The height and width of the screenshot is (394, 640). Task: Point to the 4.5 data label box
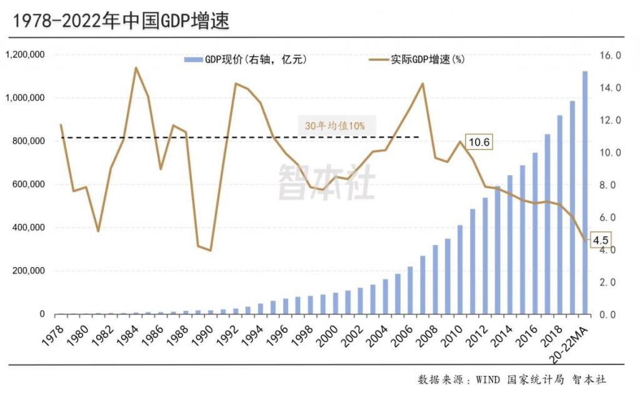[x=601, y=240]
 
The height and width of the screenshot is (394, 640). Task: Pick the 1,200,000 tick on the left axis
[x=24, y=55]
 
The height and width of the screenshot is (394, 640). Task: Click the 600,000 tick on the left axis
[x=29, y=184]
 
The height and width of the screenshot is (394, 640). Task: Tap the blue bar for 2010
[x=460, y=270]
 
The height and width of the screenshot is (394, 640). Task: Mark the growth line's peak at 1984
[x=136, y=68]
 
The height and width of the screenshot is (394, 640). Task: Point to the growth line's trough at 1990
[x=210, y=251]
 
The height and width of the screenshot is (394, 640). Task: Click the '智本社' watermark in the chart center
[x=326, y=181]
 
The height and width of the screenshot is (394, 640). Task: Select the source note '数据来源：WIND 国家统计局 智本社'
[x=512, y=380]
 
